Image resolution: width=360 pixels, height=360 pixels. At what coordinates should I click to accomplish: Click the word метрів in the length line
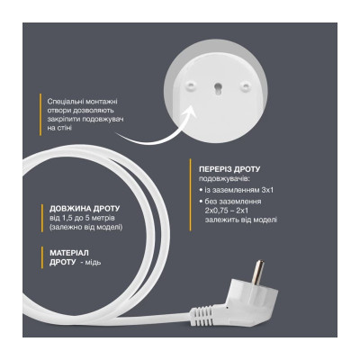coord(112,218)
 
